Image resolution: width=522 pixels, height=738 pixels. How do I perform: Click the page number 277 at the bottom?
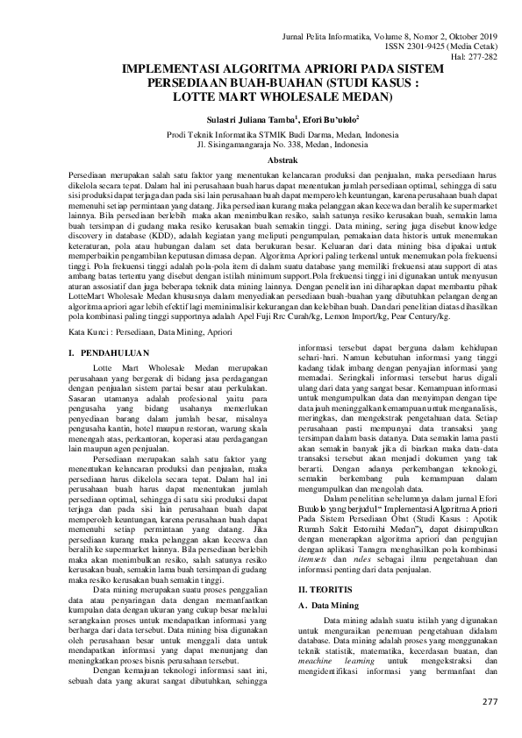(490, 704)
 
